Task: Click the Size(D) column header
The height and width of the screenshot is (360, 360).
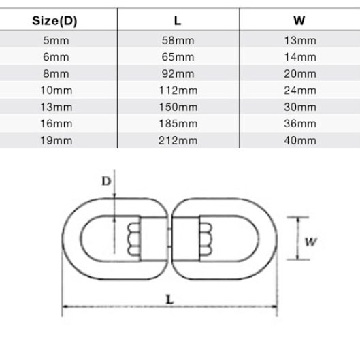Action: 54,21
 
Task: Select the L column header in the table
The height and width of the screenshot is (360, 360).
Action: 178,21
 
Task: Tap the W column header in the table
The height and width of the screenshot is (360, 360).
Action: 299,20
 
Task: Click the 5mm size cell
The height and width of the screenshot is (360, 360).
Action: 56,41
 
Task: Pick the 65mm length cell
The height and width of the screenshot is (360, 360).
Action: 178,57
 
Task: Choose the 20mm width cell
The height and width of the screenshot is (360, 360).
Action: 300,74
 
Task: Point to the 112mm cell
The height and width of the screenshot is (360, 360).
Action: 178,91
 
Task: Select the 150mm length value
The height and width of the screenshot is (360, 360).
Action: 178,108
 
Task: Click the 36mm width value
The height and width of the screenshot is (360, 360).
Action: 300,124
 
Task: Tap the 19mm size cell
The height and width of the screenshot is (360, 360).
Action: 56,140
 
